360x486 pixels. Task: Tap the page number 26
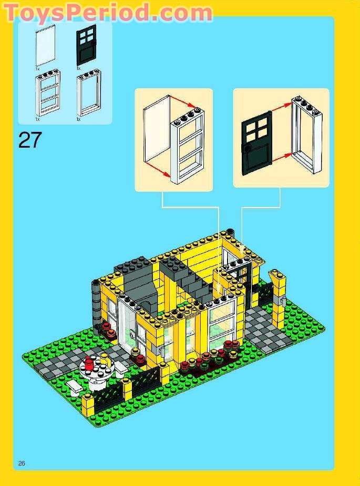coord(22,463)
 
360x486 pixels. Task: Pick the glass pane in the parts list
coord(45,47)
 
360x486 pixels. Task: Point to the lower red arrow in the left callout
coord(158,169)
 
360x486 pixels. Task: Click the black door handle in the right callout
coord(247,149)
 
